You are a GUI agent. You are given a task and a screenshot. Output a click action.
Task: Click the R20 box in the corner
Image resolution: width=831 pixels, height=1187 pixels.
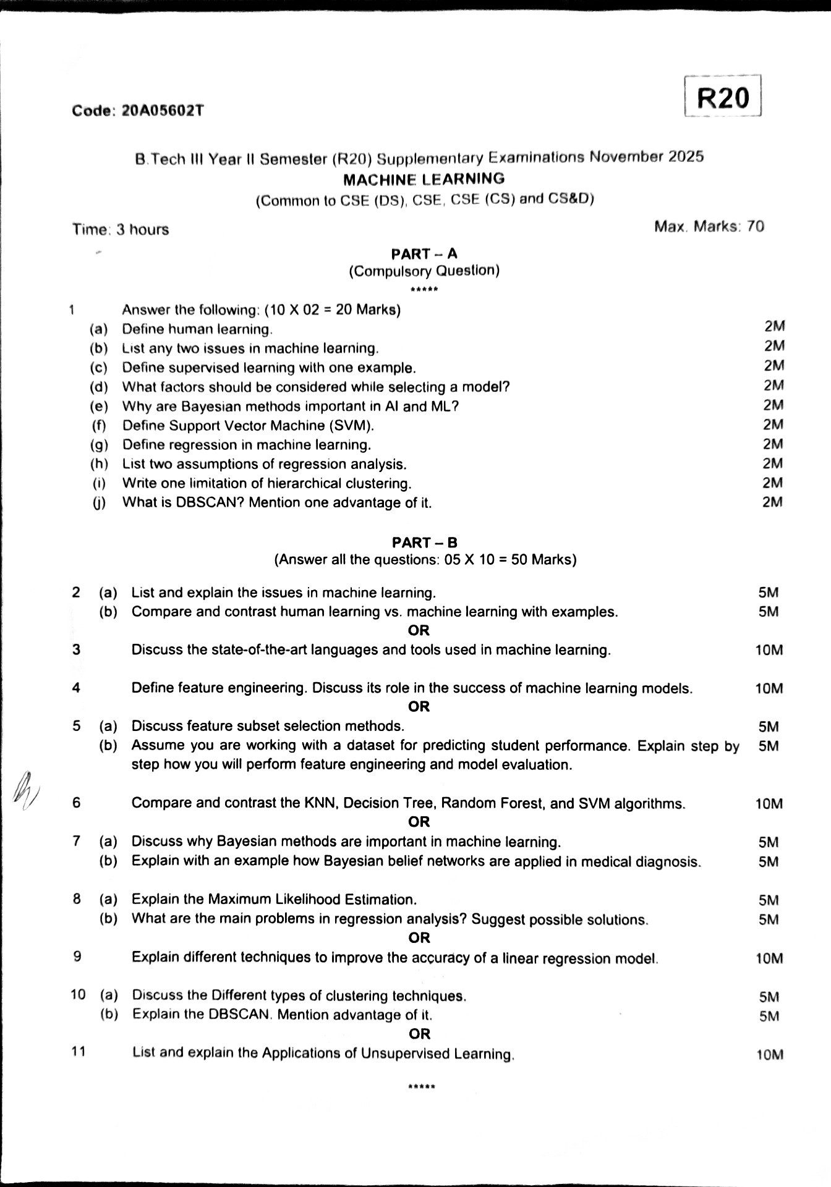(723, 98)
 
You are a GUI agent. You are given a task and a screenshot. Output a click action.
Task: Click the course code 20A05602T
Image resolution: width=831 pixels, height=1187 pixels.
(163, 111)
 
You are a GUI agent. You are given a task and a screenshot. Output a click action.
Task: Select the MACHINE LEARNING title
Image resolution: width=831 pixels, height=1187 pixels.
(424, 179)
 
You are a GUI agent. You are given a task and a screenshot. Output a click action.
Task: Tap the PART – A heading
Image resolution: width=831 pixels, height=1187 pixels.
(424, 253)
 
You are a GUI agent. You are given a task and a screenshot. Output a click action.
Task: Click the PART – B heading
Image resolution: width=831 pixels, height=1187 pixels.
(425, 543)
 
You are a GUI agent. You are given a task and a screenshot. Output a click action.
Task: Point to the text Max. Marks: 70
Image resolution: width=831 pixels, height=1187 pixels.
(709, 226)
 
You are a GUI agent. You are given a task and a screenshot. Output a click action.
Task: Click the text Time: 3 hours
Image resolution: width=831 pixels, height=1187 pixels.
(121, 229)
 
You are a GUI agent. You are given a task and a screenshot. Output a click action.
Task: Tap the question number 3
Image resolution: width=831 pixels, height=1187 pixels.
(76, 649)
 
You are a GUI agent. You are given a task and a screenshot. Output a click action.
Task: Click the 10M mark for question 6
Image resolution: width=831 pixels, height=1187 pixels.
(769, 804)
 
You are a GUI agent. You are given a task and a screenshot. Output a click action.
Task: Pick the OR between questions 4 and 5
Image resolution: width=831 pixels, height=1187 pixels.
(419, 706)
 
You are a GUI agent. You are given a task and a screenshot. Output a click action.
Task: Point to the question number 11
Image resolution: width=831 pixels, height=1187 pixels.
(78, 1052)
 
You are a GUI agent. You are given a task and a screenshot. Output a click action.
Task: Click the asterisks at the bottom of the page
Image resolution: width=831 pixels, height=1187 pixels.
(422, 1087)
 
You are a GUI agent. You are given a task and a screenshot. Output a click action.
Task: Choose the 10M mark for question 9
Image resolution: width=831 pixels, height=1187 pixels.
(769, 958)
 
